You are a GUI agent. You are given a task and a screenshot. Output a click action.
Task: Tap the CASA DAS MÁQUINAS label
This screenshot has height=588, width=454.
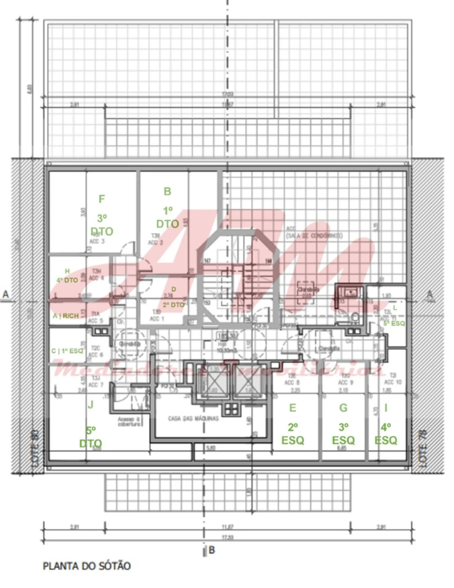(193, 419)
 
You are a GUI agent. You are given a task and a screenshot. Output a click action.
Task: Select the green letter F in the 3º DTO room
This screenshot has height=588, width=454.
(101, 199)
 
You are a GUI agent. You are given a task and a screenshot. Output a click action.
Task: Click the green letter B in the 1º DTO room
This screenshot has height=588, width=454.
(167, 192)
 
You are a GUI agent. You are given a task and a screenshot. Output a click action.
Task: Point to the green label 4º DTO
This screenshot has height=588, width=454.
(67, 280)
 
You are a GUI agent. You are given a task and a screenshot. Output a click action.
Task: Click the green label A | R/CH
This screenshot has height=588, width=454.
(65, 316)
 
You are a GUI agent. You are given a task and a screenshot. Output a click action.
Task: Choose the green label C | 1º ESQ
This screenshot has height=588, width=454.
(67, 351)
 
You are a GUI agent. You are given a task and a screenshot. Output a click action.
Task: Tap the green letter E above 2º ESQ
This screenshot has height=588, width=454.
(293, 408)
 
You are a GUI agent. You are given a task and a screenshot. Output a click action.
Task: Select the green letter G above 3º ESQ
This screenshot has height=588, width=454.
(343, 408)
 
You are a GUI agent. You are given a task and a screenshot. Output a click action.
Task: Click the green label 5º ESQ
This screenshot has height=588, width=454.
(394, 323)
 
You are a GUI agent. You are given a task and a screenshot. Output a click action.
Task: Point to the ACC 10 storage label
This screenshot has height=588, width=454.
(393, 382)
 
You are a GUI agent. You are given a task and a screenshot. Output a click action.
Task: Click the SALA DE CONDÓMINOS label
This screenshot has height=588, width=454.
(314, 236)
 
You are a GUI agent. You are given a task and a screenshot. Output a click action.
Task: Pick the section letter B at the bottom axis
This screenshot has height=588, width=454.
(212, 550)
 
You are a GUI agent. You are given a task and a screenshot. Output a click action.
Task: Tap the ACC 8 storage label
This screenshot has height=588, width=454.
(292, 382)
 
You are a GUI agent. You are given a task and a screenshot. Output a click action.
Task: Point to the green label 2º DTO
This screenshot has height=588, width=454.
(174, 304)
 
